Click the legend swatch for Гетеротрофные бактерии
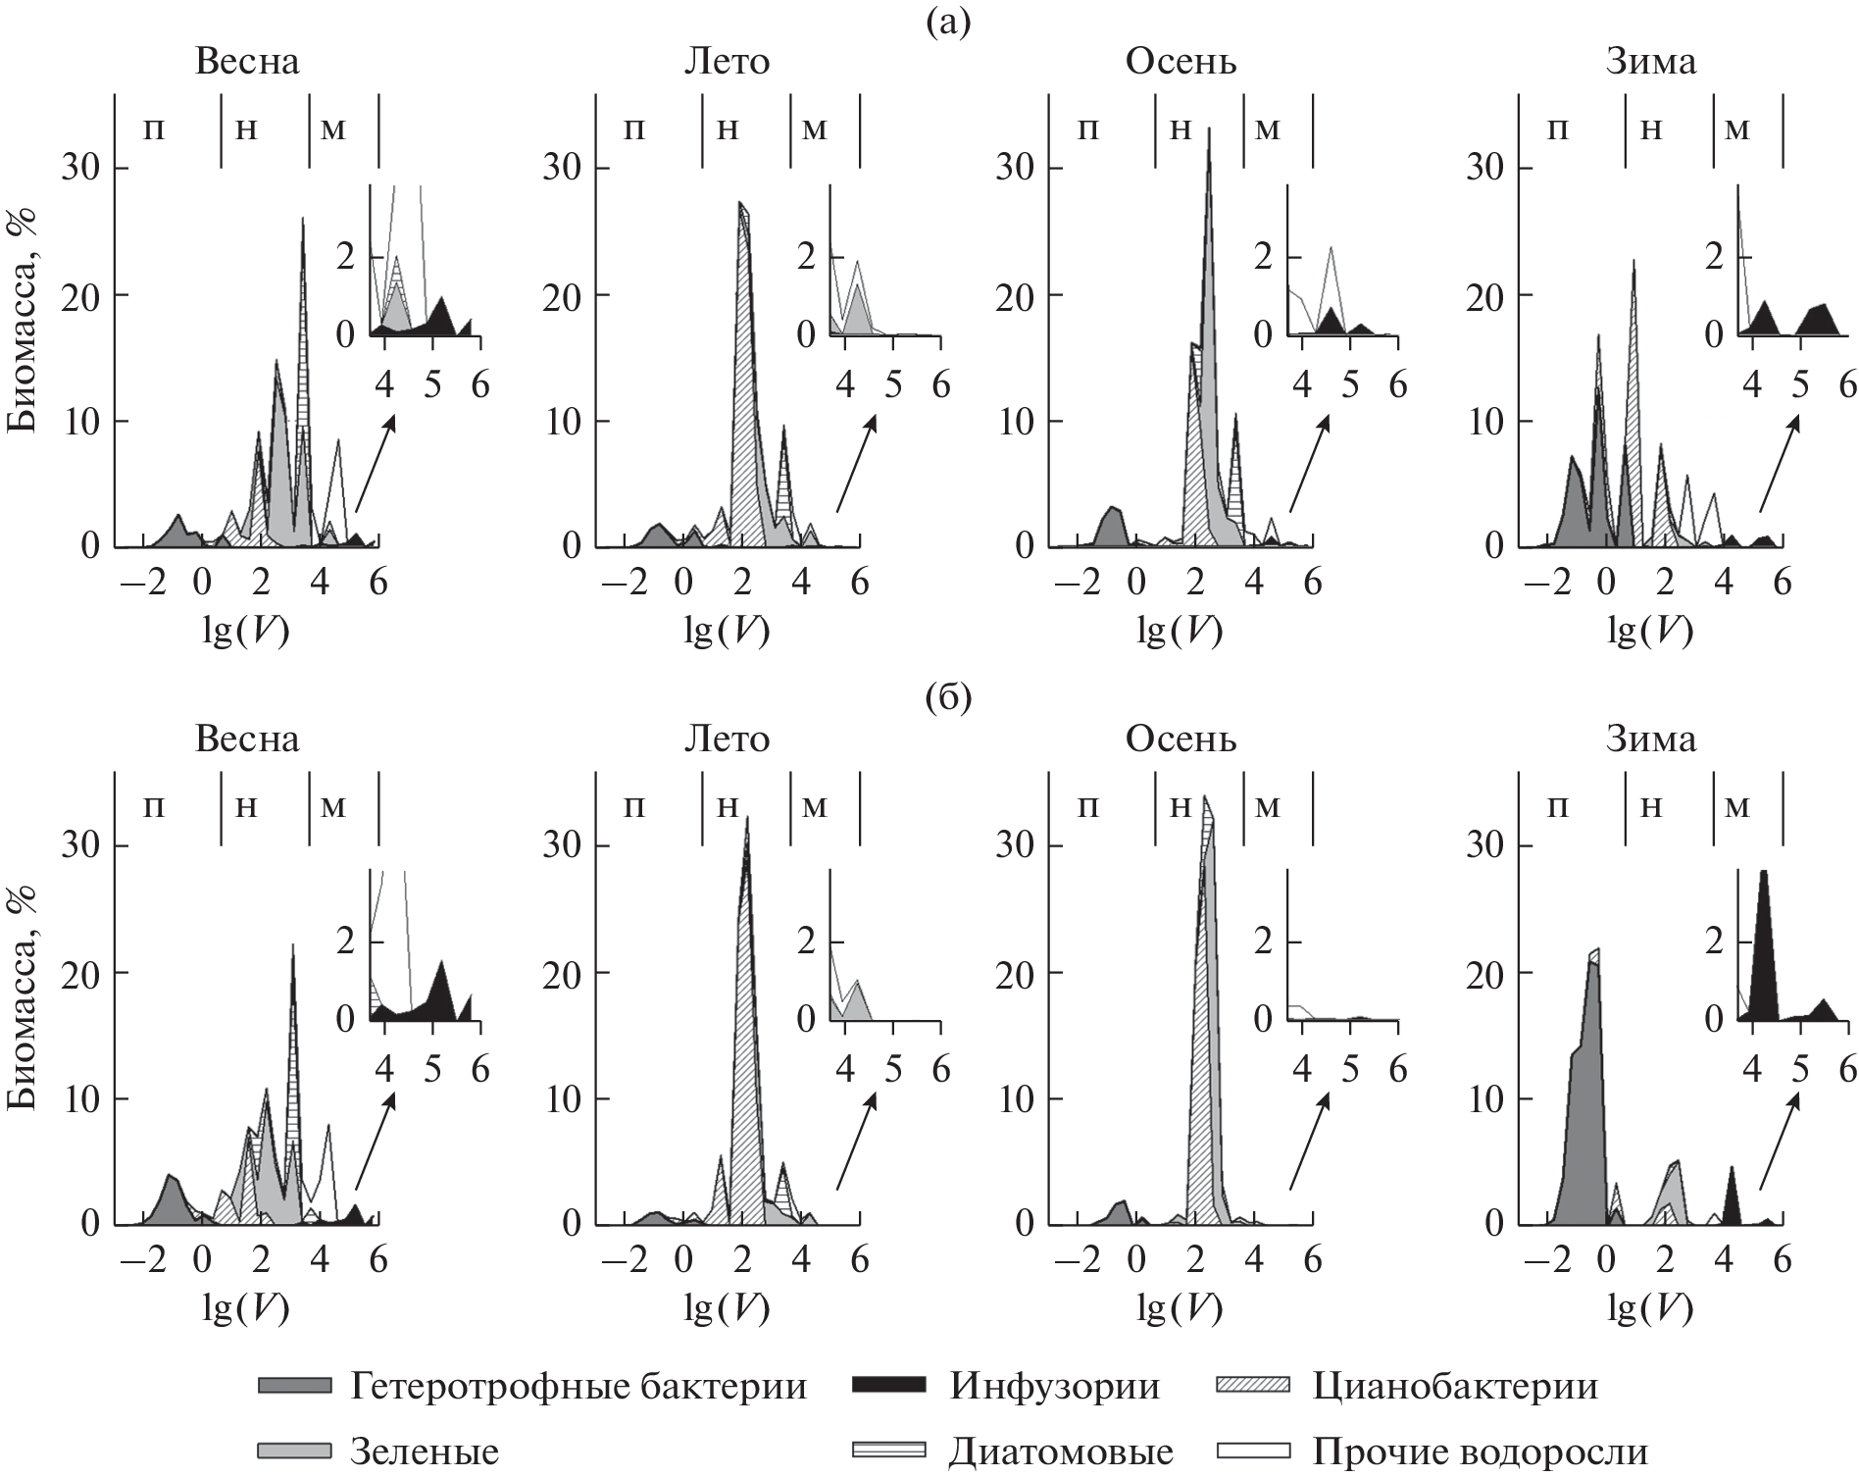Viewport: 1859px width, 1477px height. (x=294, y=1385)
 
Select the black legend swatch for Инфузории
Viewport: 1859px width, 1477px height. (x=886, y=1385)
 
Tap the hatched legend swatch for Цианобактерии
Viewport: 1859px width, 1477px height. (x=1250, y=1385)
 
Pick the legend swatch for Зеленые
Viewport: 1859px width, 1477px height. (x=294, y=1451)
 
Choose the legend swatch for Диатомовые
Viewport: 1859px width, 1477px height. (x=886, y=1451)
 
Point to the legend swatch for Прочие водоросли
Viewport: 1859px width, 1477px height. (x=1250, y=1451)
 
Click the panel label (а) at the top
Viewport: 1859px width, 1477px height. (x=948, y=22)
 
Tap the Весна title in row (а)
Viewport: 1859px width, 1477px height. (x=247, y=62)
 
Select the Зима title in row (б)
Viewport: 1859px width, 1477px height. (x=1650, y=738)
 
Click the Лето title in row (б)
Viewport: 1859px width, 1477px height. (x=726, y=738)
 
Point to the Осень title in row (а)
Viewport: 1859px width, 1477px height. (x=1181, y=62)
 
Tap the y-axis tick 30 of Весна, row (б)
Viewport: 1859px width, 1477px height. (x=82, y=845)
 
